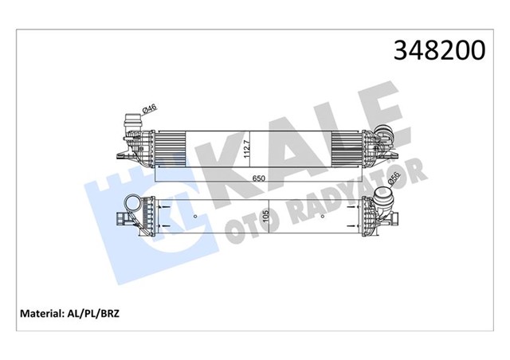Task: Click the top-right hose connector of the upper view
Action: click(x=385, y=137)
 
